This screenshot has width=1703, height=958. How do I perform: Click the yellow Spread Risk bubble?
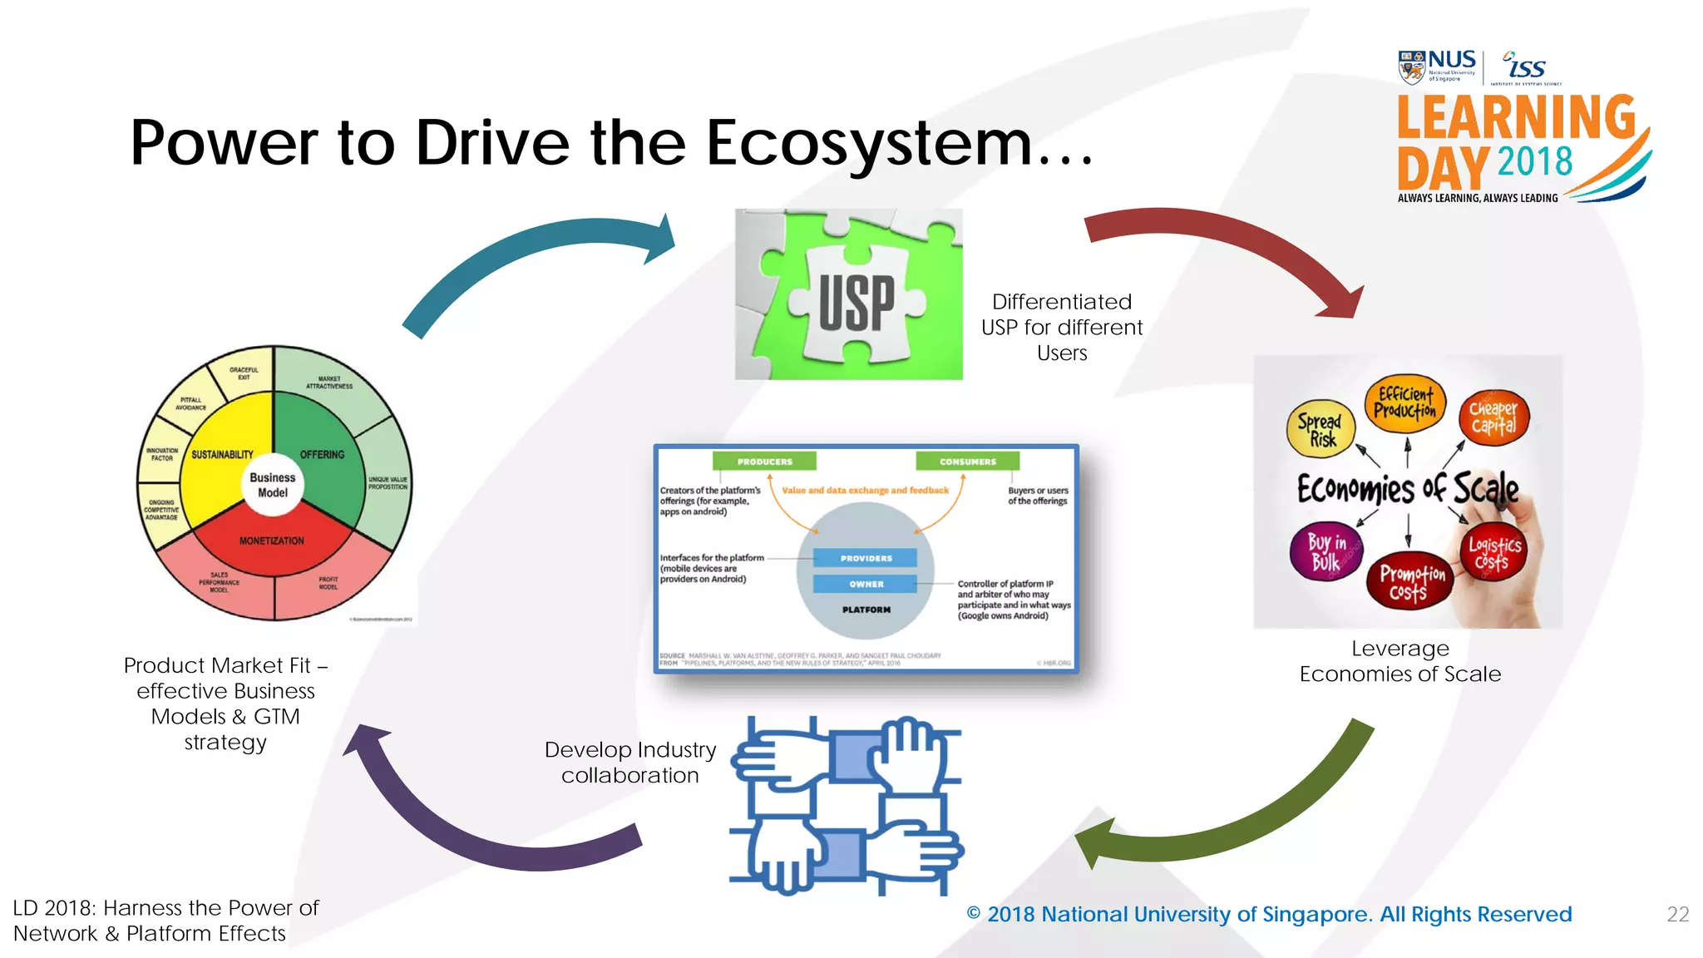[1320, 429]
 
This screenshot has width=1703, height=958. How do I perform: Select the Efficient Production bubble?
[1404, 403]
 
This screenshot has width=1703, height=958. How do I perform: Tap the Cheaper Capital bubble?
[1493, 418]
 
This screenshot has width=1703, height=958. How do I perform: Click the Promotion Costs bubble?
[1410, 581]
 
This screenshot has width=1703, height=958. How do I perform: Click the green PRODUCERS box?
[764, 462]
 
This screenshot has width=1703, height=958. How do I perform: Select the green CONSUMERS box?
[967, 462]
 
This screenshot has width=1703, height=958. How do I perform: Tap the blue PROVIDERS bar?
[866, 558]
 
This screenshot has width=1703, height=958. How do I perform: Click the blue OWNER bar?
[866, 584]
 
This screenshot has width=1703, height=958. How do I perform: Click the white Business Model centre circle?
[273, 485]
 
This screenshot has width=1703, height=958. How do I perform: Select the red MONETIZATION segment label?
[272, 541]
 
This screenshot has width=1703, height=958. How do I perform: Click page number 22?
[1677, 915]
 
